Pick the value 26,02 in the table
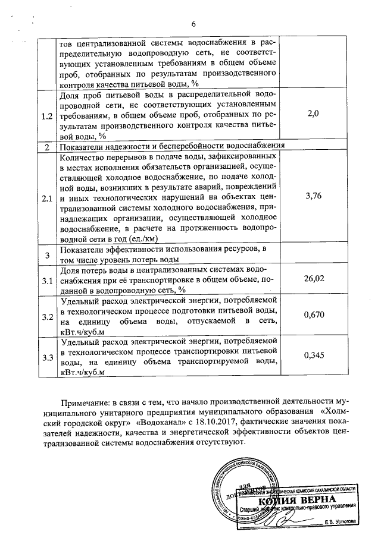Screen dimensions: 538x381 [313, 278]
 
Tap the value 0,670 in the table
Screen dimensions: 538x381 [313, 315]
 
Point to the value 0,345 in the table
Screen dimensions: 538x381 [313, 355]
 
